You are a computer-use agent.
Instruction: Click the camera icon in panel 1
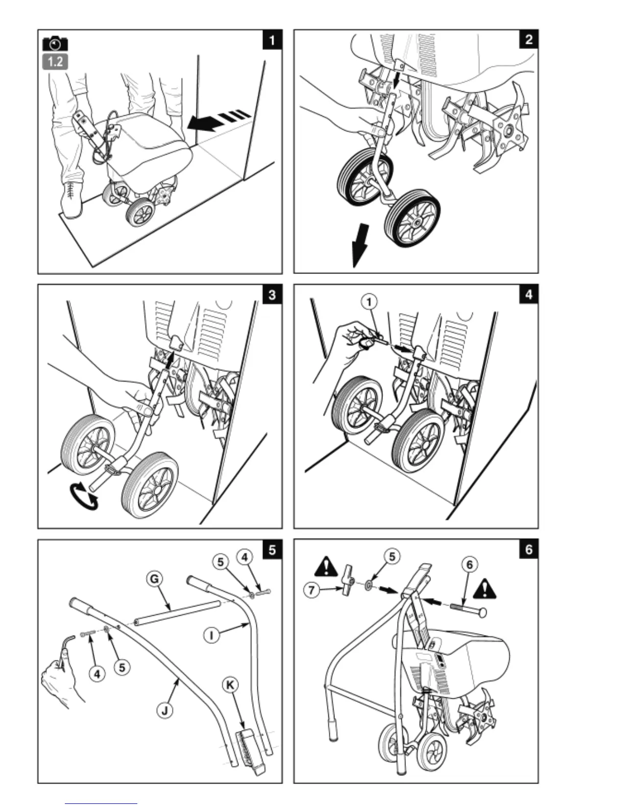pos(55,43)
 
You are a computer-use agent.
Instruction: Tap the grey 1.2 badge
pos(55,62)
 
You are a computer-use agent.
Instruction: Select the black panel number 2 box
pos(528,39)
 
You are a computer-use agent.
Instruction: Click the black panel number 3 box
pos(272,294)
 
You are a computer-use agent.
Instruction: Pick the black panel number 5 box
pos(272,549)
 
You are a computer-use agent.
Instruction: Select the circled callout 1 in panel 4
pos(369,302)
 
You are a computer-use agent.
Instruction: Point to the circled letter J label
pos(164,711)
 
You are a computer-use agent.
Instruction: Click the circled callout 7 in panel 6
pos(311,591)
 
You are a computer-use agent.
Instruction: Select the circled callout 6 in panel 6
pos(469,564)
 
